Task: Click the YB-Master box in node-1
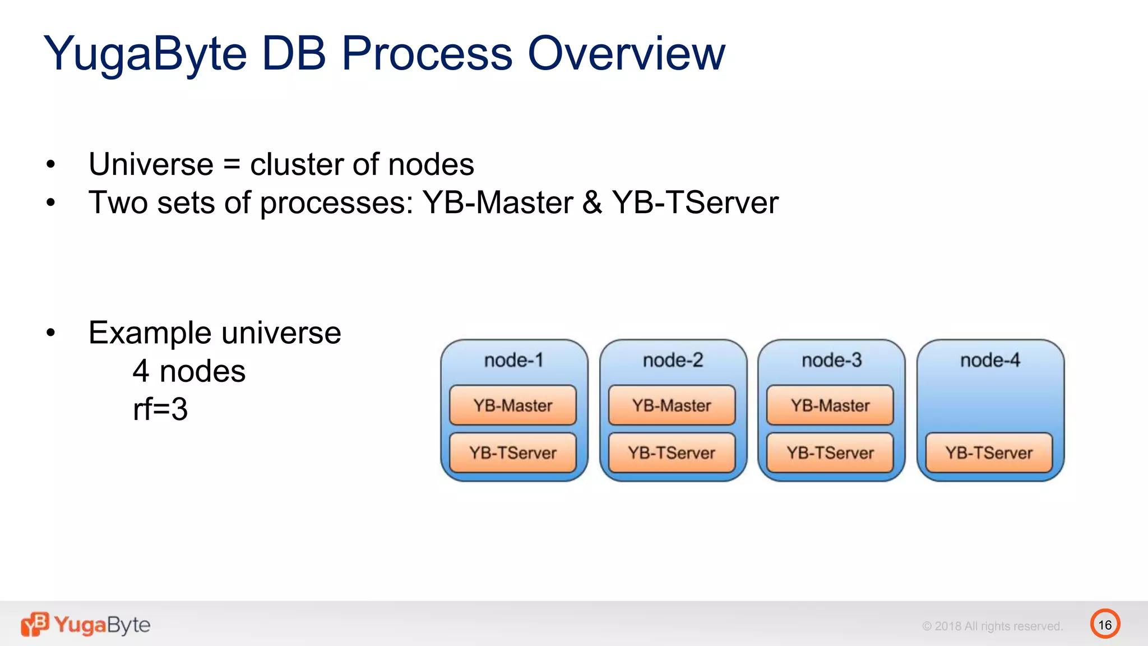click(512, 405)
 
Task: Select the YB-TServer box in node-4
click(989, 453)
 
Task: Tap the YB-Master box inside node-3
click(830, 405)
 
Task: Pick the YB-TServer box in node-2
click(672, 453)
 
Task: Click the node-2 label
click(673, 360)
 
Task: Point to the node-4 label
click(990, 360)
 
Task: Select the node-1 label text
click(513, 360)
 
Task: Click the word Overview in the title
click(626, 53)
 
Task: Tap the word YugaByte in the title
click(145, 54)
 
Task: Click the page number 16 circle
click(1105, 624)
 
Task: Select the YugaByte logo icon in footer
click(35, 624)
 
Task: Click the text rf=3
click(160, 409)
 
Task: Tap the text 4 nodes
click(189, 371)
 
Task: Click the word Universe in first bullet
click(151, 164)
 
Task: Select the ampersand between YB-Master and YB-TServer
click(592, 202)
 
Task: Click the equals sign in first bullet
click(232, 165)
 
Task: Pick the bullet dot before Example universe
click(51, 333)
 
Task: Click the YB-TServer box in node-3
click(830, 453)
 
